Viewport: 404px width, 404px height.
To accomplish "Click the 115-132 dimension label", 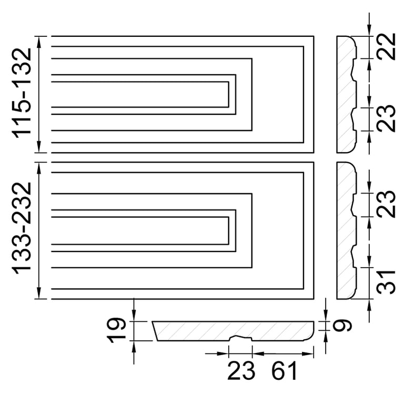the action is click(22, 93).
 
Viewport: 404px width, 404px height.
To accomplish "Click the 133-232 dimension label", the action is click(22, 228).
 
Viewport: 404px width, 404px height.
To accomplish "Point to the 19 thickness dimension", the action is click(116, 330).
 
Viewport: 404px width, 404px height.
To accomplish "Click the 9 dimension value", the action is click(341, 326).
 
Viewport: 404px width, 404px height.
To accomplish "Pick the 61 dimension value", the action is click(284, 371).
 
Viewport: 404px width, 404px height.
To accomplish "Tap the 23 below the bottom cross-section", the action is click(241, 371).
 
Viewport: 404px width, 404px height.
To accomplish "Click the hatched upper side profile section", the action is click(345, 94).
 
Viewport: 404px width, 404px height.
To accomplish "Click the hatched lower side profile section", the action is click(345, 230).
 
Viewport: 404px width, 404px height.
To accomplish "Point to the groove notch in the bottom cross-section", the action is click(240, 338).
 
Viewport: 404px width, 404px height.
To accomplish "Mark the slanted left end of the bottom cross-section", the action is click(155, 331).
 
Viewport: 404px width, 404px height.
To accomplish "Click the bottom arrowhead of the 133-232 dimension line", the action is click(39, 293).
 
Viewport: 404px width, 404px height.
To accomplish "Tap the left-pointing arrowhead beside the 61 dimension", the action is click(258, 353).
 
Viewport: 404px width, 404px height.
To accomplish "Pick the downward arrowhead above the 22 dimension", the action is click(369, 30).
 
